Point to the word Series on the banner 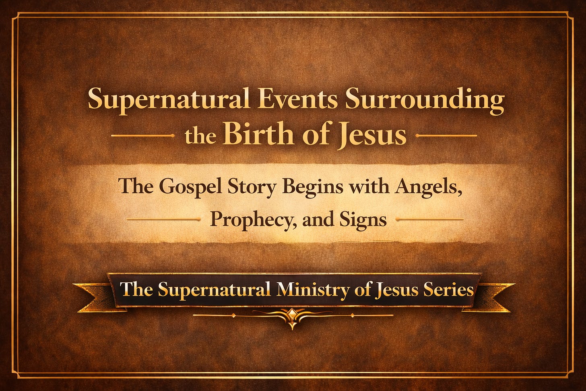click(x=448, y=290)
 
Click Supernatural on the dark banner click(x=214, y=290)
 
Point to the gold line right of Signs click(x=430, y=220)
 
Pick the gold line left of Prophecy click(x=163, y=220)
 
